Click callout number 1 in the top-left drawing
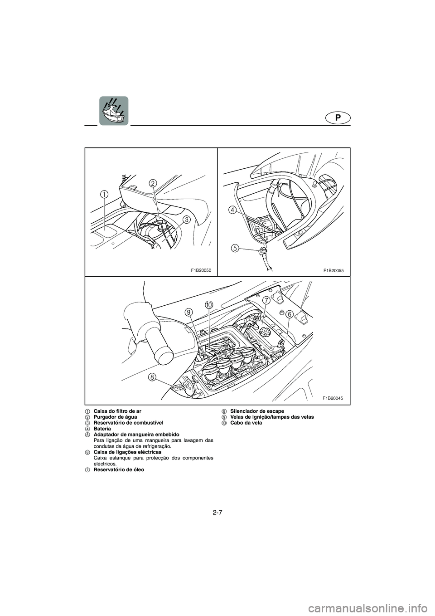click(x=104, y=195)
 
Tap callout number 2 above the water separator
click(x=153, y=183)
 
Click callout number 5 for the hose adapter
click(x=234, y=248)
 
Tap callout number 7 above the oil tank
click(x=266, y=301)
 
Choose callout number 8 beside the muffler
click(x=151, y=377)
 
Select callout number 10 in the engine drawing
click(x=208, y=304)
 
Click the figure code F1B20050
click(x=201, y=271)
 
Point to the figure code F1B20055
click(x=333, y=271)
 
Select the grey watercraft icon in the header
click(x=114, y=111)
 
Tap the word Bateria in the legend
click(x=102, y=429)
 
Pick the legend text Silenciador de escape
click(x=257, y=411)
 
